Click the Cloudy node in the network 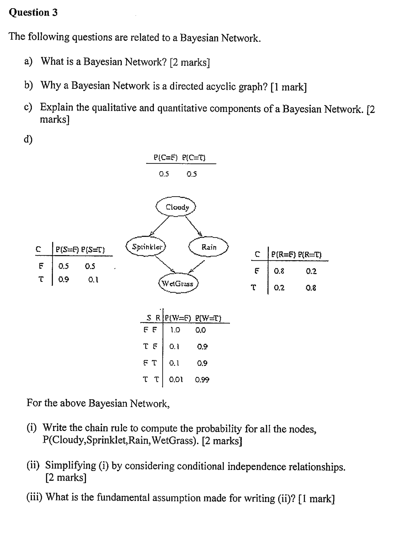click(x=176, y=207)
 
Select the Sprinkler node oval click(x=146, y=247)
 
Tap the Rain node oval click(x=208, y=247)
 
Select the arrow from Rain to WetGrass click(x=197, y=266)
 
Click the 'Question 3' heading click(x=33, y=12)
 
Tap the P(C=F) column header click(x=166, y=157)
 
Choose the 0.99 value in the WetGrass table click(x=202, y=379)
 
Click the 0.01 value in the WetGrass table click(x=176, y=379)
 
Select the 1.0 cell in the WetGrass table click(x=175, y=330)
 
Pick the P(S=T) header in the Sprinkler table click(x=93, y=250)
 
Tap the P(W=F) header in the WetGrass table click(x=178, y=318)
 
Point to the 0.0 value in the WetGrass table click(x=200, y=330)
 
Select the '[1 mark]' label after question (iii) click(x=317, y=499)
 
